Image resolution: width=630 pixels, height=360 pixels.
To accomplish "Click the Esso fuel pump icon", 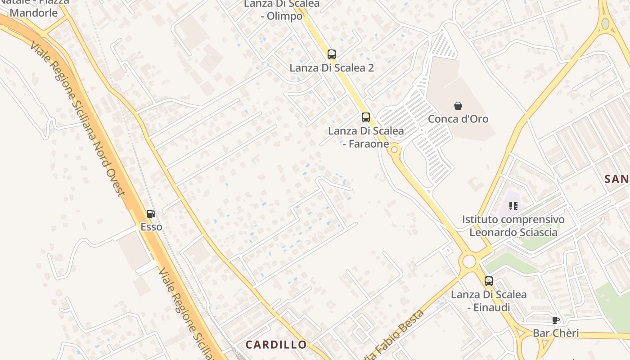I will pyautogui.click(x=151, y=214).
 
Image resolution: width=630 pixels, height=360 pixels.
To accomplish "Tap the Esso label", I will pyautogui.click(x=151, y=227).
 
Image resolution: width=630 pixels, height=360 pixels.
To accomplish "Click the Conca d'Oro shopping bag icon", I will pyautogui.click(x=458, y=106).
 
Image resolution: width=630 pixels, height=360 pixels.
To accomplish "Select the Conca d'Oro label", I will pyautogui.click(x=458, y=119).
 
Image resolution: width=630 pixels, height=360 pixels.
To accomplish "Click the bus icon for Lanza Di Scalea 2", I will pyautogui.click(x=332, y=54).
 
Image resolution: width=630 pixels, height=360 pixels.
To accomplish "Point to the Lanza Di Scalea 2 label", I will pyautogui.click(x=332, y=68).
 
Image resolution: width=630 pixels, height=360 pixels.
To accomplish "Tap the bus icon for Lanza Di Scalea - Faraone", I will pyautogui.click(x=366, y=117).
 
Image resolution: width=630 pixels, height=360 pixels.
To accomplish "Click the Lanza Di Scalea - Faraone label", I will pyautogui.click(x=366, y=137).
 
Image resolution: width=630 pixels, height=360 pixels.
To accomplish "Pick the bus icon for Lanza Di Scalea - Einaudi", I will pyautogui.click(x=489, y=281).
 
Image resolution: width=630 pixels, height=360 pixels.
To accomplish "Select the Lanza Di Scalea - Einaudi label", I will pyautogui.click(x=489, y=301).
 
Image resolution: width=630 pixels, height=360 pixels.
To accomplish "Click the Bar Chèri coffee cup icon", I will pyautogui.click(x=556, y=320).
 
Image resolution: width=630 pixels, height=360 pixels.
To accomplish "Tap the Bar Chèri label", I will pyautogui.click(x=556, y=333).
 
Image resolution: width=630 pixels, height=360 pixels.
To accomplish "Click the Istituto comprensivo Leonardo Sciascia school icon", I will pyautogui.click(x=513, y=206).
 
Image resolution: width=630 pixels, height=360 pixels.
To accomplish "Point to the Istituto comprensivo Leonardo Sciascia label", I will pyautogui.click(x=513, y=226).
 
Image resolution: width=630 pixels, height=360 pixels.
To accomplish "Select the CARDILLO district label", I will pyautogui.click(x=276, y=345).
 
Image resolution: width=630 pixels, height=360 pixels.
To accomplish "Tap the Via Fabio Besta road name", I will pyautogui.click(x=396, y=335).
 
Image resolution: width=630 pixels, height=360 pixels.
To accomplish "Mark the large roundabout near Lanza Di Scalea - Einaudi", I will pyautogui.click(x=469, y=261).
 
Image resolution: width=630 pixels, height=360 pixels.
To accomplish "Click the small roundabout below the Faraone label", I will pyautogui.click(x=395, y=149).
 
